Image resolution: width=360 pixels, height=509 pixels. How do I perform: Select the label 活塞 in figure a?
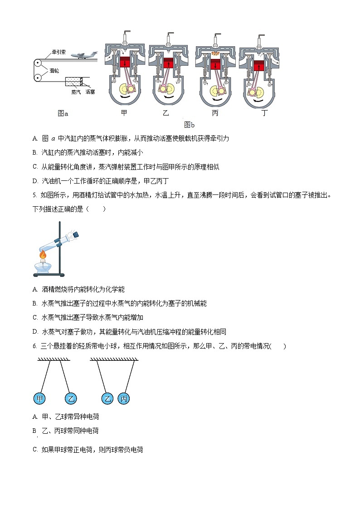(x=90, y=92)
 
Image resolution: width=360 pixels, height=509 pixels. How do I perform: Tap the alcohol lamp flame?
(x=43, y=256)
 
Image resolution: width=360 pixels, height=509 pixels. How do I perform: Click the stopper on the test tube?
(x=76, y=234)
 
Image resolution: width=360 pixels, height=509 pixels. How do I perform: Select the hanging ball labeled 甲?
(x=40, y=398)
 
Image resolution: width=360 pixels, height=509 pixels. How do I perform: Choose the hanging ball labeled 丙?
(x=124, y=398)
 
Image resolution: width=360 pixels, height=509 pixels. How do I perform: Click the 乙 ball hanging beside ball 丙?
(x=107, y=398)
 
